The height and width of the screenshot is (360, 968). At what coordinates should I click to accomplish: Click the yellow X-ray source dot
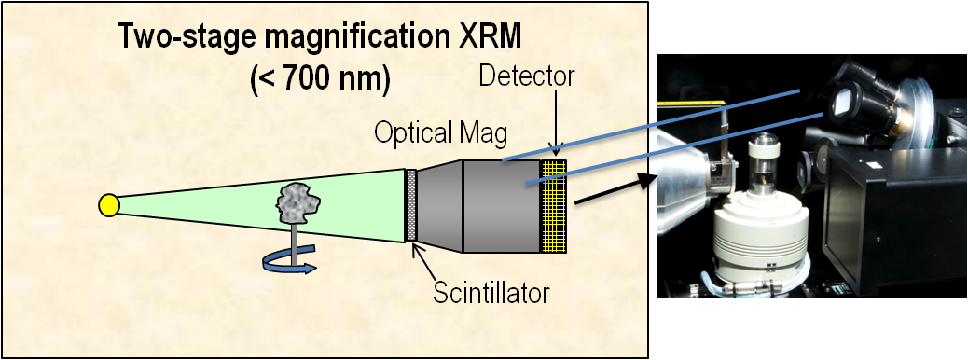tap(109, 205)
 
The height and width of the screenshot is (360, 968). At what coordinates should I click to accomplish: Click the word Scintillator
tap(491, 293)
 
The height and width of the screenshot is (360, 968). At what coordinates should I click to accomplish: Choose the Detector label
tap(527, 76)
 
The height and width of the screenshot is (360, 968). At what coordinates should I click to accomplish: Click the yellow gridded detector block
tap(553, 205)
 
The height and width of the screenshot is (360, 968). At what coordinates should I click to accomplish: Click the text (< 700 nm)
tap(320, 79)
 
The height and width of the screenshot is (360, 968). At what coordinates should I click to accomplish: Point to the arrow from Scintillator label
tap(428, 260)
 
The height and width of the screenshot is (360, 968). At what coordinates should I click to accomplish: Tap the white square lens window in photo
tap(841, 101)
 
